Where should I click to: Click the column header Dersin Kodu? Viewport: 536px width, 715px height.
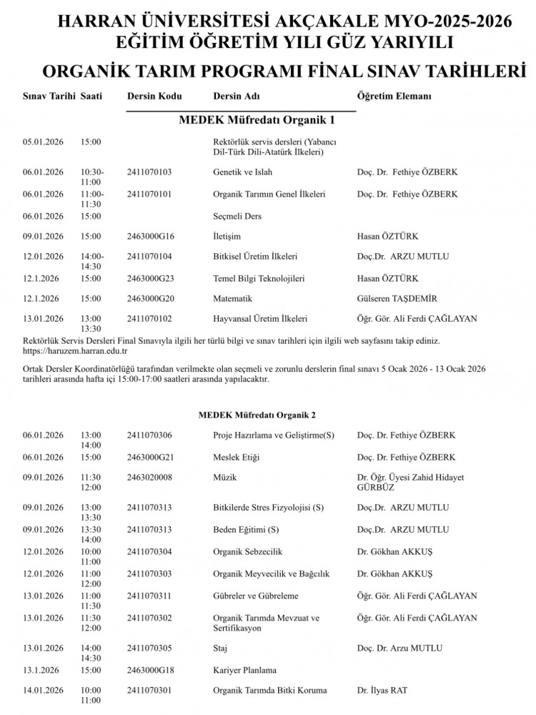click(x=154, y=96)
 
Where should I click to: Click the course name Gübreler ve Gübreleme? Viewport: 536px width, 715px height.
click(x=256, y=596)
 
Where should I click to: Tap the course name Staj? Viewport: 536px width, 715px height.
click(x=222, y=649)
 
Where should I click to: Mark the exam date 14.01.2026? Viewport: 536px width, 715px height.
click(x=44, y=690)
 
